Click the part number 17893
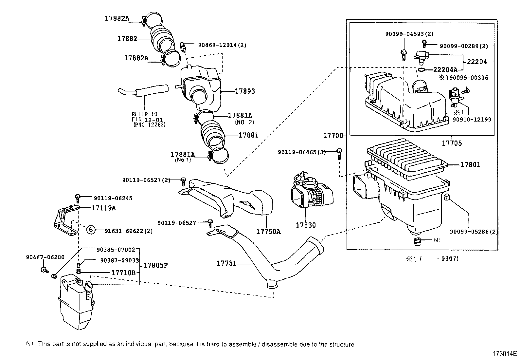coord(244,91)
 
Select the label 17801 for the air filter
coord(470,164)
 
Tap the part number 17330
coord(306,225)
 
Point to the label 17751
coord(226,263)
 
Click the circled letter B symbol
coord(91,231)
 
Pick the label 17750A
coord(268,231)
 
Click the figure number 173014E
coord(505,354)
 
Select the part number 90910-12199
coord(472,120)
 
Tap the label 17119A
coord(103,208)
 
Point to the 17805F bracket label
coord(155,265)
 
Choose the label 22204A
coord(445,69)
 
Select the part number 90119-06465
coord(301,152)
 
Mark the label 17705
coord(452,143)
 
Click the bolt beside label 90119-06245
coord(78,198)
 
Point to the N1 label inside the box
coord(437,240)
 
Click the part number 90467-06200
coord(45,257)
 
